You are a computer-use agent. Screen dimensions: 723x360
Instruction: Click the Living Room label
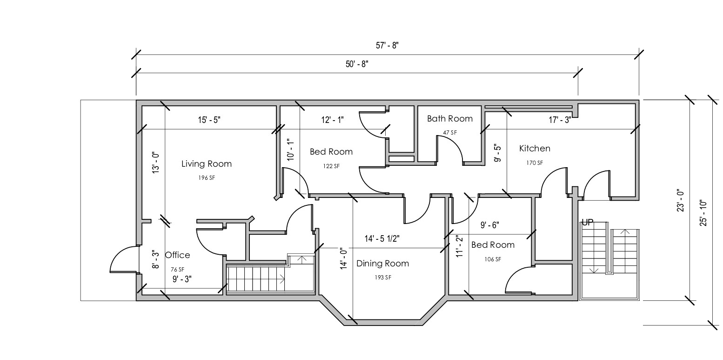point(206,164)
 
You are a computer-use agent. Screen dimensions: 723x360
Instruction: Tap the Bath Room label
point(449,119)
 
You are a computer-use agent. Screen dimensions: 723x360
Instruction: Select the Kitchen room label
point(535,149)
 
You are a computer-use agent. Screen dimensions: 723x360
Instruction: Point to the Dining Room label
point(382,264)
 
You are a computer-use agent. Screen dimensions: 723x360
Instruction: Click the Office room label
point(178,255)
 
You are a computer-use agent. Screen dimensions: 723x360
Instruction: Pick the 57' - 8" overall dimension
point(388,46)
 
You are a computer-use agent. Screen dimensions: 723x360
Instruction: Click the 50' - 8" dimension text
point(357,64)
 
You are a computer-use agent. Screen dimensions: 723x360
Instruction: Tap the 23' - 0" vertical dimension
point(681,200)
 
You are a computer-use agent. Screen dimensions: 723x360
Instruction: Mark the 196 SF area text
point(207,178)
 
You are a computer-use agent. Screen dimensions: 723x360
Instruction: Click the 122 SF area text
point(331,166)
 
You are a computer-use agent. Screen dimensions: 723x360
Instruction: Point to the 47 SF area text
point(449,133)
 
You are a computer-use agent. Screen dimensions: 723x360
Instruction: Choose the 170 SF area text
point(535,163)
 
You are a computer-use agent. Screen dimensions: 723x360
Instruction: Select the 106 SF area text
point(493,259)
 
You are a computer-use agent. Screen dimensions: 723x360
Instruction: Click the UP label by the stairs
point(588,223)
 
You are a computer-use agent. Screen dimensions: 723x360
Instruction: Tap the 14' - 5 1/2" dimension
point(382,239)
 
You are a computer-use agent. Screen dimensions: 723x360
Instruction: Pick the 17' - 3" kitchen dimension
point(560,120)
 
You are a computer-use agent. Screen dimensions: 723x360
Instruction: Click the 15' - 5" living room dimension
point(209,120)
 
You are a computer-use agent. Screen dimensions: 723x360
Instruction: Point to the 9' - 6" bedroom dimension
point(489,225)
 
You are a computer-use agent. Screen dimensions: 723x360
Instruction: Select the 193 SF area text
point(382,278)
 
